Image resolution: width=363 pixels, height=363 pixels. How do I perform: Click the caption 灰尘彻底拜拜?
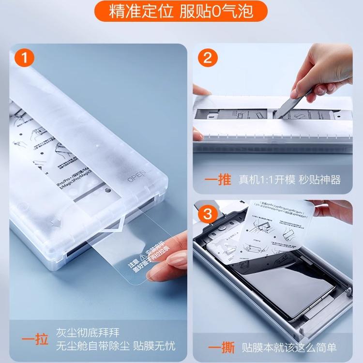point(87,333)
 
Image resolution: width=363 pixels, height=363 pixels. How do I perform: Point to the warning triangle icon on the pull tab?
point(143,256)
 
